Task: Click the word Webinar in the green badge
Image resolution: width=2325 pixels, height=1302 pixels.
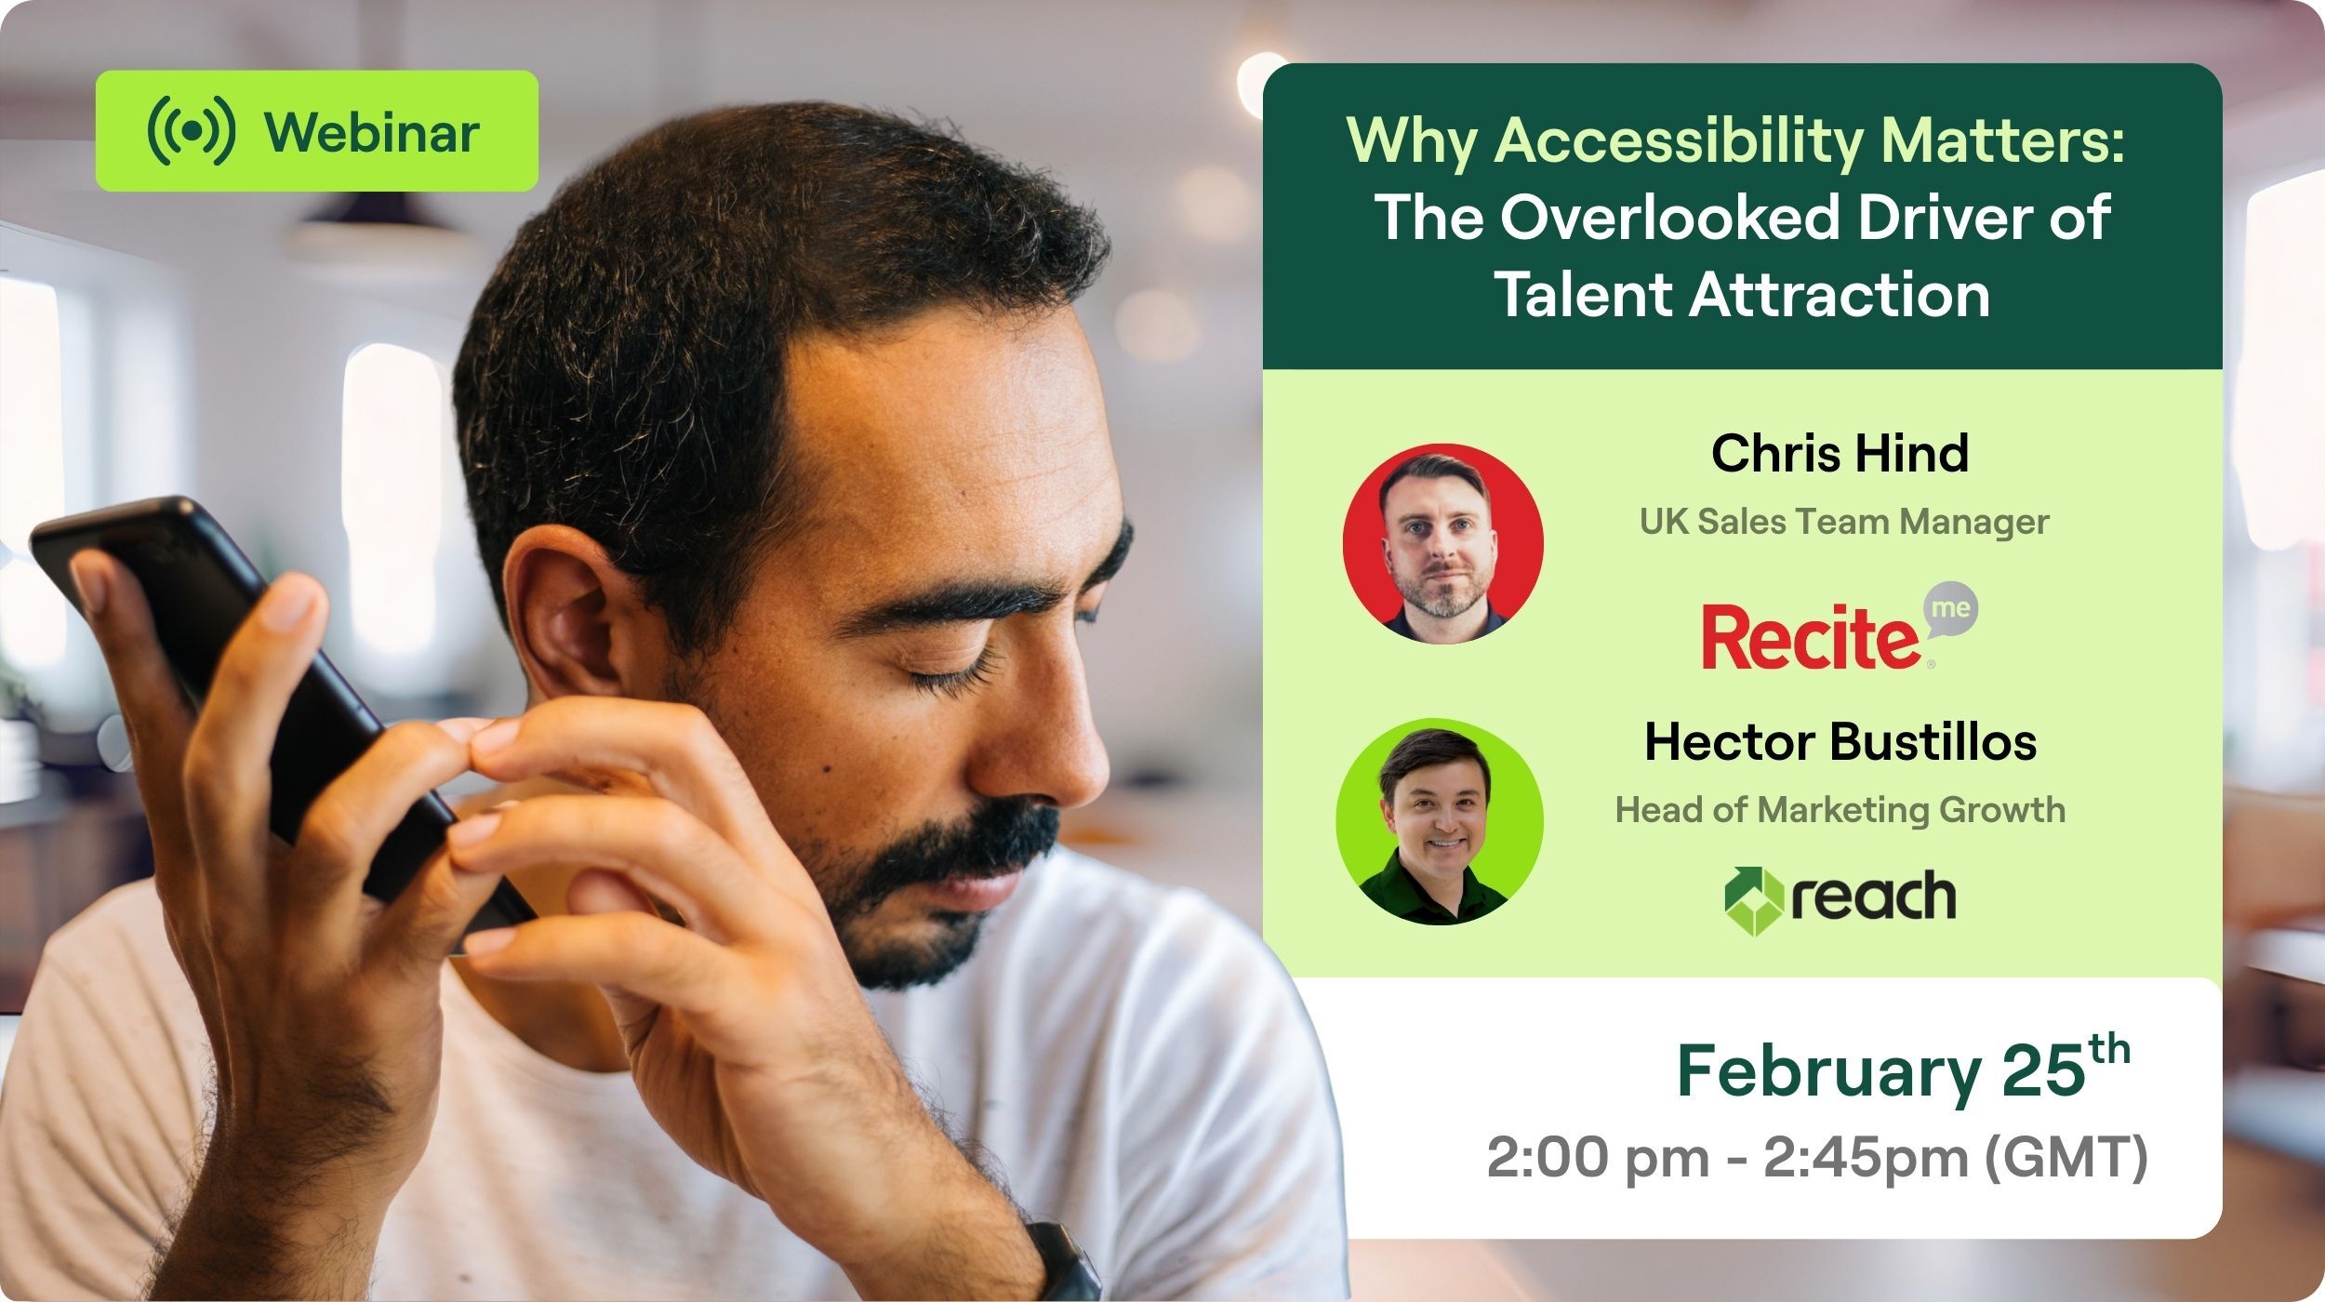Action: (372, 132)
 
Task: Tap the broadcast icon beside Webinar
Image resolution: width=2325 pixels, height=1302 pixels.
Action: (192, 131)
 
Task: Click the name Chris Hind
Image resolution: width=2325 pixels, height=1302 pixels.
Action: (1840, 454)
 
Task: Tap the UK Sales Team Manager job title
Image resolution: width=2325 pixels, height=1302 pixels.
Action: (1844, 522)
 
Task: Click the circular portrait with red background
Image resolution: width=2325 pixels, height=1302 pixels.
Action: (1442, 543)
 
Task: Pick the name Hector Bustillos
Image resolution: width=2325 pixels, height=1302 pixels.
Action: (1840, 742)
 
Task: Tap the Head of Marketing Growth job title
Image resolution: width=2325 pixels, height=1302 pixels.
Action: (1840, 810)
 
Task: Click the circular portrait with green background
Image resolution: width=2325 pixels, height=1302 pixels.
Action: (1440, 821)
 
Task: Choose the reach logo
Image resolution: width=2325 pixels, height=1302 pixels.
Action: (1840, 898)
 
